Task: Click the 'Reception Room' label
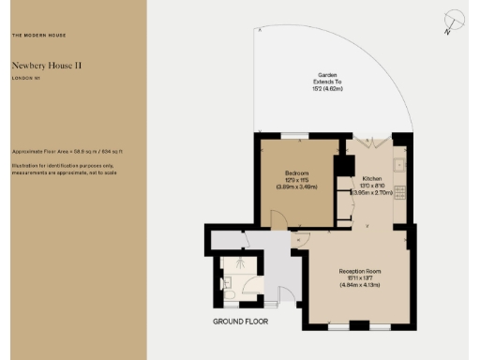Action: (x=359, y=270)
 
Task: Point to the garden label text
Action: (x=327, y=75)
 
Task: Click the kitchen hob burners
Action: (x=399, y=192)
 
